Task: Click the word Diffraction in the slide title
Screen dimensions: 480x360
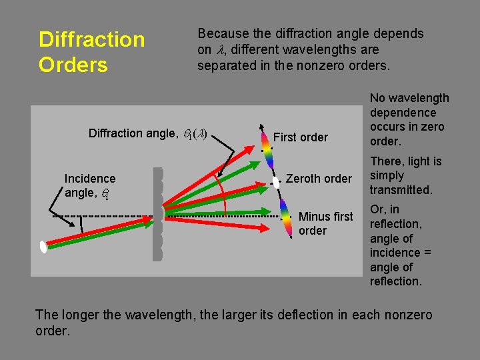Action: [x=91, y=39]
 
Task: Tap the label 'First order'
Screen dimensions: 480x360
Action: [x=301, y=137]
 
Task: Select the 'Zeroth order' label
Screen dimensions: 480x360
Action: [x=319, y=179]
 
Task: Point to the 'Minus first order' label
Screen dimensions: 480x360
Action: [x=325, y=223]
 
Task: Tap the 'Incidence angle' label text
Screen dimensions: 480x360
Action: [x=89, y=185]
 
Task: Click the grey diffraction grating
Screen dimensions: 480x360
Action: [x=157, y=213]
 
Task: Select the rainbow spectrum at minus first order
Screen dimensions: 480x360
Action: [x=285, y=218]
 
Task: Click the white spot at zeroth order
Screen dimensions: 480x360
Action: [x=276, y=181]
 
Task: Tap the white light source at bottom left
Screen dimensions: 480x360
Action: [x=43, y=247]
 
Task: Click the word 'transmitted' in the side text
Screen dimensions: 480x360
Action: [x=401, y=190]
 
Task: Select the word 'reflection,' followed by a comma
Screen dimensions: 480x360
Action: [x=396, y=224]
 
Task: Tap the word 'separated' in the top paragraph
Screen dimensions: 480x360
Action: [x=227, y=65]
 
